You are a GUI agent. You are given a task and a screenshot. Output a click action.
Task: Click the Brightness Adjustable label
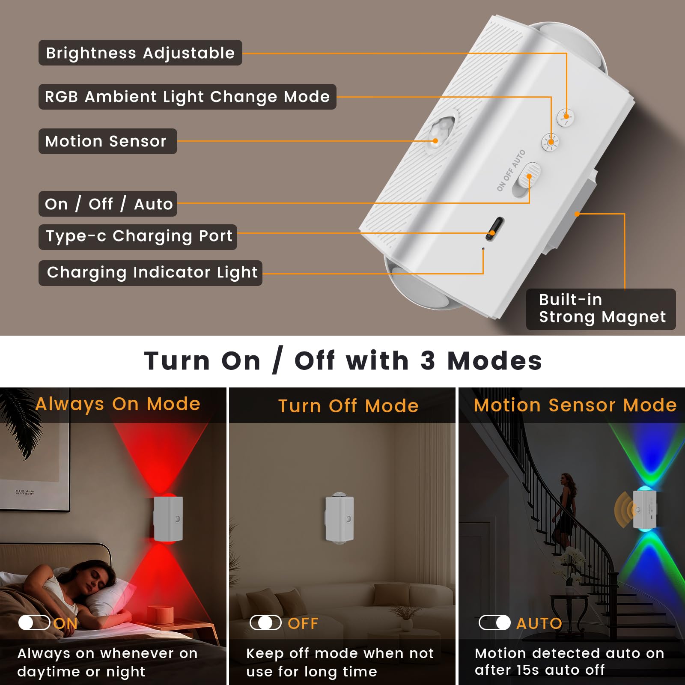140,53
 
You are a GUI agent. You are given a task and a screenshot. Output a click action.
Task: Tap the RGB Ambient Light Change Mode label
188,97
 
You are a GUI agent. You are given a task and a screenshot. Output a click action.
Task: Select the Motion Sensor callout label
107,141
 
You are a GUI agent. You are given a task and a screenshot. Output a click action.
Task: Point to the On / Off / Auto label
108,204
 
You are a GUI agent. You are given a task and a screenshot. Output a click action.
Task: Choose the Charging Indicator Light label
150,273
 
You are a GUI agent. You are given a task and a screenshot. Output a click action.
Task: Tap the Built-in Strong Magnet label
601,309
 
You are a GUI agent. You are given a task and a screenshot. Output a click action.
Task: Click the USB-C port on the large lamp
495,229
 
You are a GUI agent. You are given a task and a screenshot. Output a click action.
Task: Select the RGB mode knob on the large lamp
550,142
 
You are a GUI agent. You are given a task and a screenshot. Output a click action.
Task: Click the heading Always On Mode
118,404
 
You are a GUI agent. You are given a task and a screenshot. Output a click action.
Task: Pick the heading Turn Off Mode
348,406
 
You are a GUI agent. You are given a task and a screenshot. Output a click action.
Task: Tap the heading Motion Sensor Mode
575,405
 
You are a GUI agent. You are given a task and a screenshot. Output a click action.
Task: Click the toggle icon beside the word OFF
265,622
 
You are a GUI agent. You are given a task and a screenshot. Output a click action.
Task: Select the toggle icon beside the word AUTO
494,622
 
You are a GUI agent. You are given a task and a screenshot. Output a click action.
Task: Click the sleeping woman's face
99,580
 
